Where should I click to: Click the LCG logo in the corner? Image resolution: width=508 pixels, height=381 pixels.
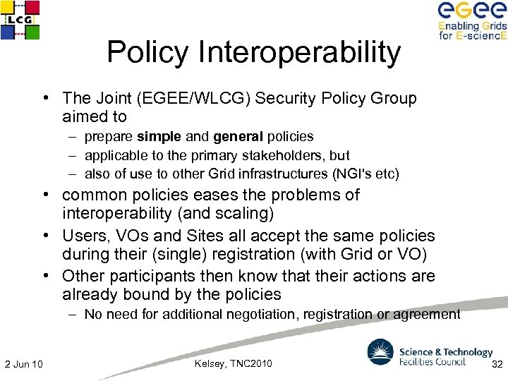pos(20,20)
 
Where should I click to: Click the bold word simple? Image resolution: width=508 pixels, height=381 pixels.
pos(160,136)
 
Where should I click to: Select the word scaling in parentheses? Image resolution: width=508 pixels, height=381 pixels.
pos(243,213)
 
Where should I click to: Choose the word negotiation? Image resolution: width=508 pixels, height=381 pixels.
pos(257,314)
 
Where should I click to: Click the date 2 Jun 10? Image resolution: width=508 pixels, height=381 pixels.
pos(23,364)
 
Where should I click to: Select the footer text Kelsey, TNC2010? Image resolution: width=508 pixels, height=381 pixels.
pos(232,363)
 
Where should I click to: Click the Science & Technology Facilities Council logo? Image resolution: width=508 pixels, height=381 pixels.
pos(430,353)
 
